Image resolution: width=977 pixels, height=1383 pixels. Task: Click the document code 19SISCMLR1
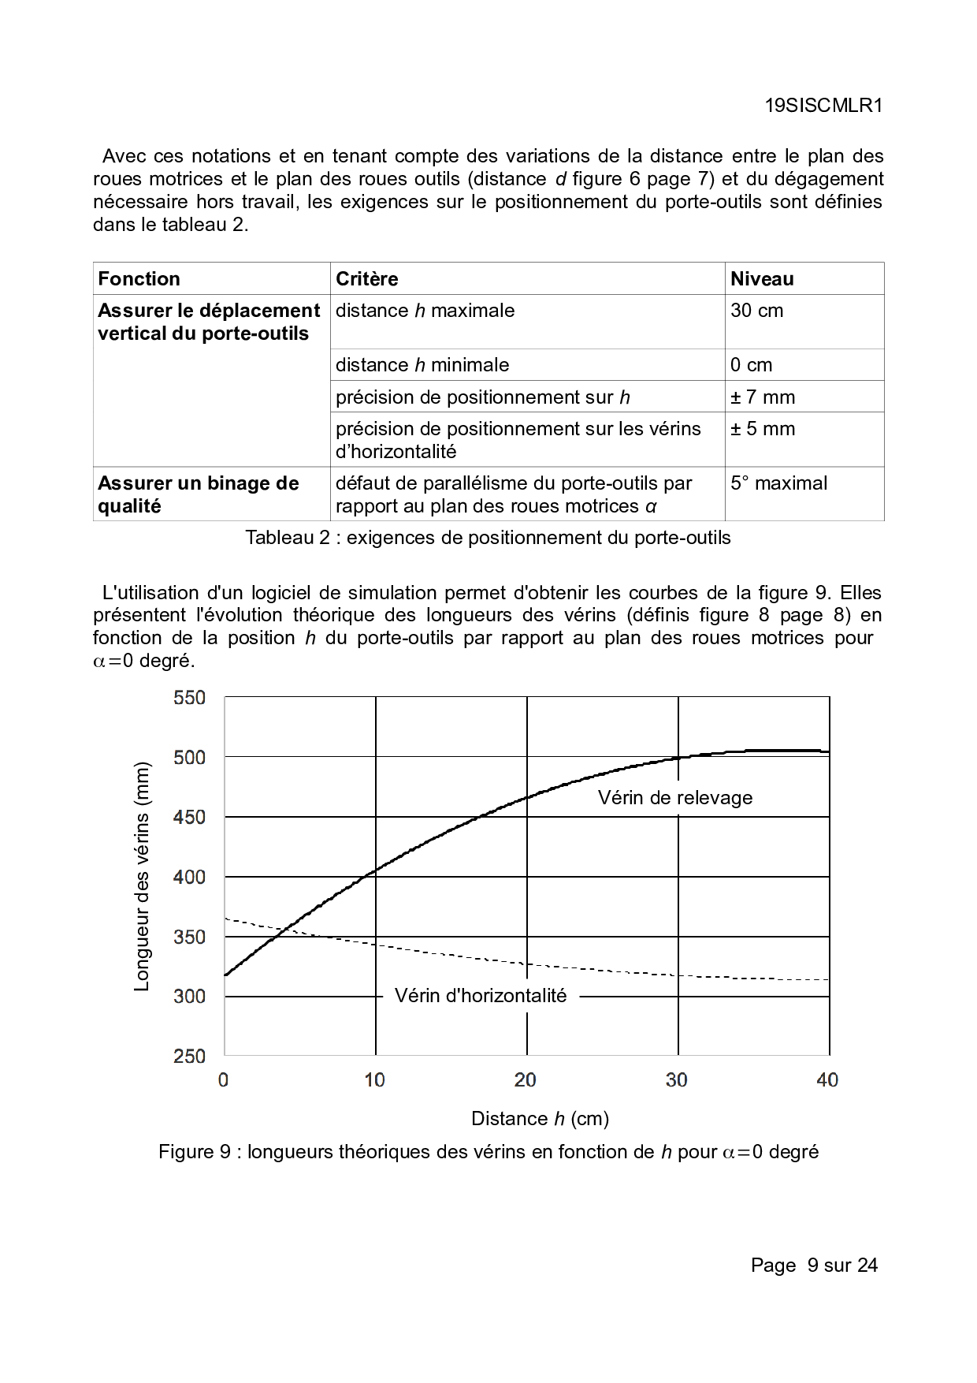[x=823, y=106]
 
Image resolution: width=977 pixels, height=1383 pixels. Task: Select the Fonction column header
[x=139, y=279]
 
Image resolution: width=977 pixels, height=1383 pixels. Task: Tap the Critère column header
[x=367, y=279]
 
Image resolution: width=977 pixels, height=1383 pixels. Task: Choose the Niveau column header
[x=762, y=279]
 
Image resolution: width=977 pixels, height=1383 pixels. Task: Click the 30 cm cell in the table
[x=757, y=311]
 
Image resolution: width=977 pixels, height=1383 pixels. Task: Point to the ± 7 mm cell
[x=763, y=397]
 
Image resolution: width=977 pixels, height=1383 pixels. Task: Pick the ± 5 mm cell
[x=763, y=429]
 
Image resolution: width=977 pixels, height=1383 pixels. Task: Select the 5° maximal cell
[x=778, y=483]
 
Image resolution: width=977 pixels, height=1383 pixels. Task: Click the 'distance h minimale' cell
[x=422, y=365]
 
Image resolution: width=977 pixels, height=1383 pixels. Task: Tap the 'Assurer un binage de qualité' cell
[x=199, y=494]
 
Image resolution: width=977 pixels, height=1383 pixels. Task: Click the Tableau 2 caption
[x=488, y=538]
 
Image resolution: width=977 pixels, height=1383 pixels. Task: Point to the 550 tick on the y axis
[x=189, y=698]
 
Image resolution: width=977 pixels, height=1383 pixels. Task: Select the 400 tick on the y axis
[x=189, y=877]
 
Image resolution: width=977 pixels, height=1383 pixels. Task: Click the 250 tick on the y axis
[x=189, y=1057]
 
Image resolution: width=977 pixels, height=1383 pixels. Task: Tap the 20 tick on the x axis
[x=526, y=1080]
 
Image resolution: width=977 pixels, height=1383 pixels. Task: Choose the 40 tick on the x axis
[x=827, y=1080]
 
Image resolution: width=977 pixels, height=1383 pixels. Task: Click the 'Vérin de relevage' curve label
[x=675, y=798]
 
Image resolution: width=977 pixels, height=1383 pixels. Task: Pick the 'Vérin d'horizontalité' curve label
[x=481, y=996]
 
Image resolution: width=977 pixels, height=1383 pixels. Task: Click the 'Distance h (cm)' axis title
[x=540, y=1119]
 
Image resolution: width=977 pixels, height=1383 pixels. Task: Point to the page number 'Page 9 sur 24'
[x=814, y=1266]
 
